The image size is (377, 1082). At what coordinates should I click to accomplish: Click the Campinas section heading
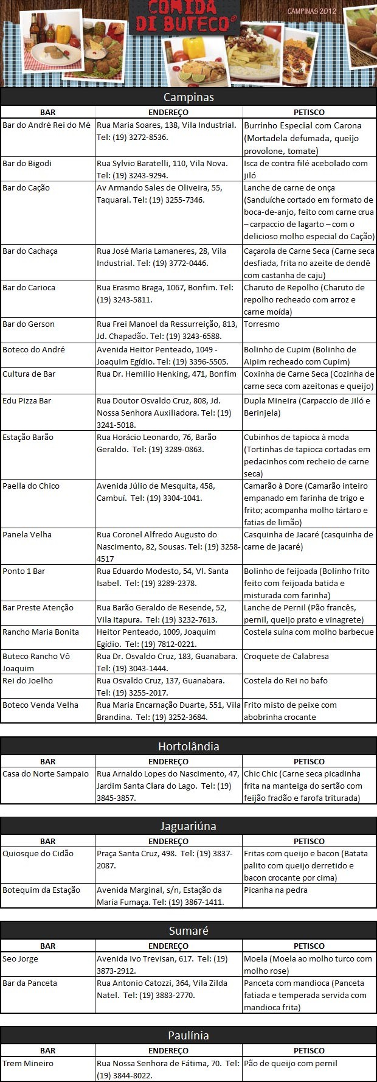pos(188,97)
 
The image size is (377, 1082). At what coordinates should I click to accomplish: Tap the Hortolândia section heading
pos(188,746)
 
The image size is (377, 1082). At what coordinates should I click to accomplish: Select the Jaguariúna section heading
pos(188,826)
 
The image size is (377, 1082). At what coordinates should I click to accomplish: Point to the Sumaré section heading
pos(188,930)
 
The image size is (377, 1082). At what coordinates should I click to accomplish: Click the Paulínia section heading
pos(188,1035)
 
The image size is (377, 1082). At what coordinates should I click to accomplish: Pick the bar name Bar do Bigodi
pos(27,163)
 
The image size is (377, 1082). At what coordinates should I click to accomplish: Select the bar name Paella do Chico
pos(31,486)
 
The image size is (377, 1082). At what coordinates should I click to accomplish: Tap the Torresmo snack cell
pos(262,324)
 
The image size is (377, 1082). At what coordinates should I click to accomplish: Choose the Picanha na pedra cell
pos(275,890)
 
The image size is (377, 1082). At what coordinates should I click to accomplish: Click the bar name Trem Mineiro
pos(28,1063)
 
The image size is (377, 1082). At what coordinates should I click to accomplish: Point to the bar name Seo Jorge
pos(21,958)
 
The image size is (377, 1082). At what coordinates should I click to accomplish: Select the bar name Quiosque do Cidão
pos(38,853)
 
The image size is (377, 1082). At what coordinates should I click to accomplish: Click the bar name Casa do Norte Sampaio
pos(46,773)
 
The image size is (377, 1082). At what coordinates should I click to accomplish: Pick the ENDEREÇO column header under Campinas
pos(168,112)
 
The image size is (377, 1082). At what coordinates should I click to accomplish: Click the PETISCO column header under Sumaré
pos(309,946)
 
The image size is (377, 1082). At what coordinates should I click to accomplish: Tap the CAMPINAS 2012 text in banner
pos(311,12)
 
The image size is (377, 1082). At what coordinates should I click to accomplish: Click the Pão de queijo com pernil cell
pos(291,1063)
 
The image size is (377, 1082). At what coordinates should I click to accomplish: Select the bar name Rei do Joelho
pos(28,680)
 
